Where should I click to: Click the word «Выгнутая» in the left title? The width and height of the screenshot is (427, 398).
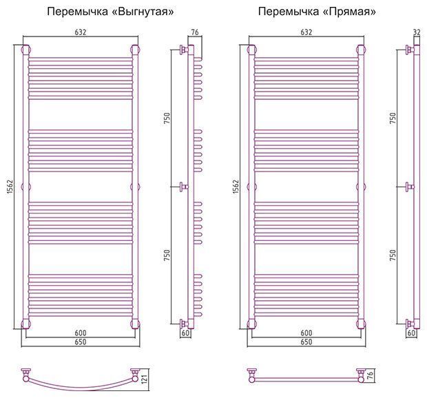coord(143,12)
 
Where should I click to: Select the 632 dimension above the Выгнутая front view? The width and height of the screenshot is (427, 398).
coord(81,32)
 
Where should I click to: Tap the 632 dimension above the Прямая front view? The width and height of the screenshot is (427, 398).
coord(306,32)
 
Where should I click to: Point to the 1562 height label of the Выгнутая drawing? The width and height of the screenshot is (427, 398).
coord(10,187)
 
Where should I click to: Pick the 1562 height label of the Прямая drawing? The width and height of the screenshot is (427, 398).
coord(236,187)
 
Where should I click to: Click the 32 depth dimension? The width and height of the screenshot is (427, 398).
coord(417,32)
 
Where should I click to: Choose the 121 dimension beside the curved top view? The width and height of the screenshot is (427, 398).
coord(145,379)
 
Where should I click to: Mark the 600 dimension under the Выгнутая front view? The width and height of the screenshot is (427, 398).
coord(81,333)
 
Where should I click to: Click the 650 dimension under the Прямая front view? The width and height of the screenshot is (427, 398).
coord(306,342)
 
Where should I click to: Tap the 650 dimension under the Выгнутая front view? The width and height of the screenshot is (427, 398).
coord(81,342)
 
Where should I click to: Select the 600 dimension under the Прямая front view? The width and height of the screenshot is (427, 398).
coord(306,333)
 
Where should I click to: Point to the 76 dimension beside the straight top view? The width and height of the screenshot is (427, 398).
coord(370,375)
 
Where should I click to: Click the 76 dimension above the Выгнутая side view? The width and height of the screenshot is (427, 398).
coord(195,32)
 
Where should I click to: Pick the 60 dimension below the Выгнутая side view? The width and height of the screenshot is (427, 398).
coord(185,333)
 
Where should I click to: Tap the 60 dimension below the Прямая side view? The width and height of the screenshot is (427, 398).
coord(411,333)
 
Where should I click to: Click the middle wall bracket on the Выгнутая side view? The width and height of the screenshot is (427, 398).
coord(184,187)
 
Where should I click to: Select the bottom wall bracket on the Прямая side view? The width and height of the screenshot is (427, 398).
coord(410,324)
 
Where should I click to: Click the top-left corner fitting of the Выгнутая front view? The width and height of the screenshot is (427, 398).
coord(26,50)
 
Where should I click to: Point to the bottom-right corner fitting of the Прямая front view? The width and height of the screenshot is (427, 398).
coord(361,324)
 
